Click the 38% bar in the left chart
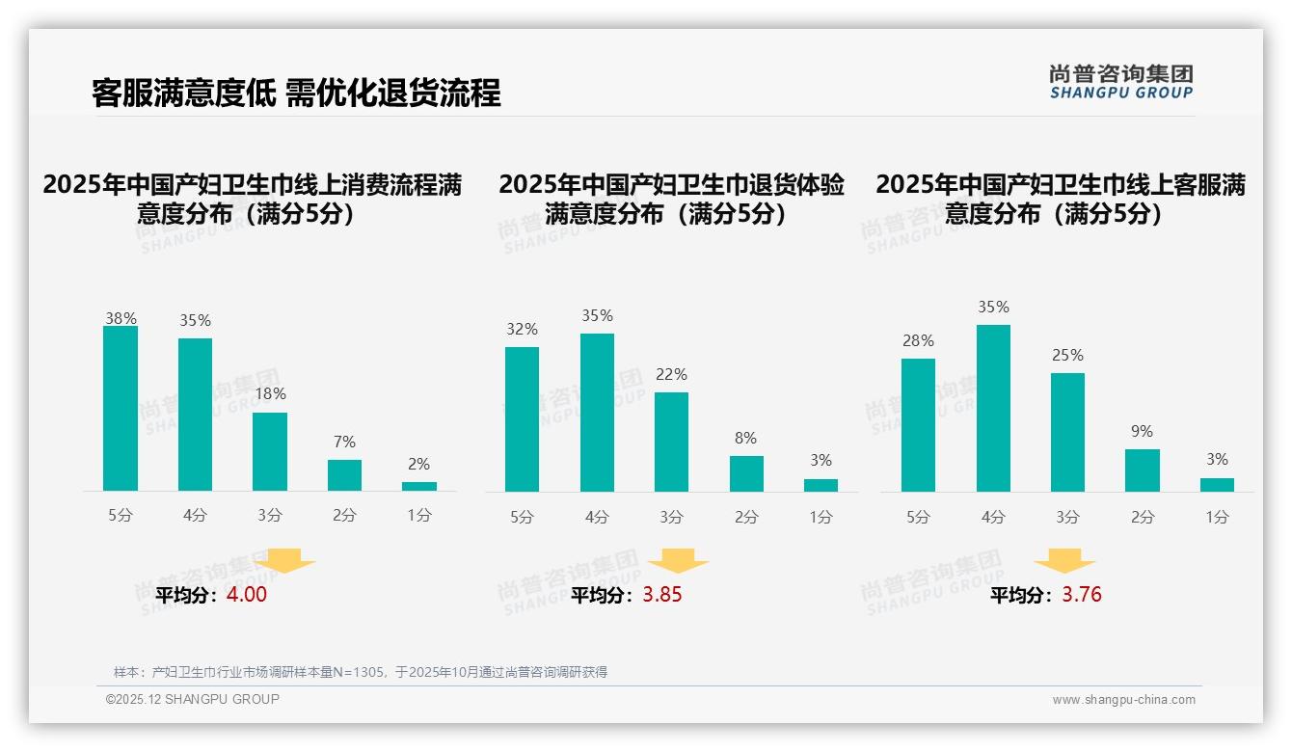click(x=121, y=409)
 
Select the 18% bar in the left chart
click(x=270, y=452)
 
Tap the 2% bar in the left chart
click(x=419, y=486)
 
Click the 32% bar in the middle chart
click(x=522, y=419)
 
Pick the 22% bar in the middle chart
click(x=671, y=442)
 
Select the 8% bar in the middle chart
click(x=746, y=473)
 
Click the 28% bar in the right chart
click(x=918, y=425)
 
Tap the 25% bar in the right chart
click(x=1067, y=432)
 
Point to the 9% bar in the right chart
click(x=1143, y=470)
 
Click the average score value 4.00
click(x=247, y=595)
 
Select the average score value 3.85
click(x=661, y=595)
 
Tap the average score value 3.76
click(x=1082, y=595)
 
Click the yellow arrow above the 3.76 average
click(x=1064, y=561)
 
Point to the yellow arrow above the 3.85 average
click(x=678, y=561)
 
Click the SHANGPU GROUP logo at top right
click(x=1121, y=82)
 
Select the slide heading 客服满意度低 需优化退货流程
click(x=296, y=94)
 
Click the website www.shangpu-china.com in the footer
click(x=1123, y=700)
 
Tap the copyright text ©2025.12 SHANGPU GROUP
click(x=193, y=699)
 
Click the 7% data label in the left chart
click(x=344, y=443)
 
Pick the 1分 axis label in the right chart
click(x=1217, y=517)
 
